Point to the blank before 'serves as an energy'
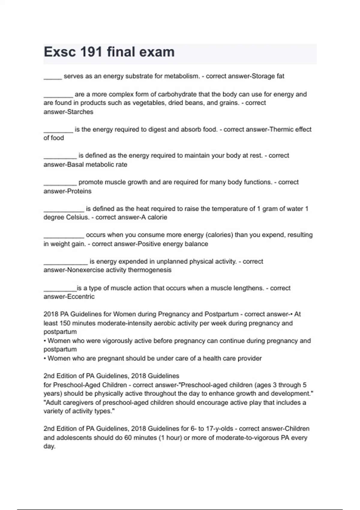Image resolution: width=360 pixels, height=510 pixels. click(x=52, y=77)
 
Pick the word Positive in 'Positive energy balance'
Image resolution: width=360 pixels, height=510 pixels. click(x=149, y=244)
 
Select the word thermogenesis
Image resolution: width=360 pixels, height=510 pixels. click(x=150, y=270)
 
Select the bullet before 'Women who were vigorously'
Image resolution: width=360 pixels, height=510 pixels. click(x=45, y=341)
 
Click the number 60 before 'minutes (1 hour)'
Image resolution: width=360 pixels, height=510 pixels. click(x=128, y=438)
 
